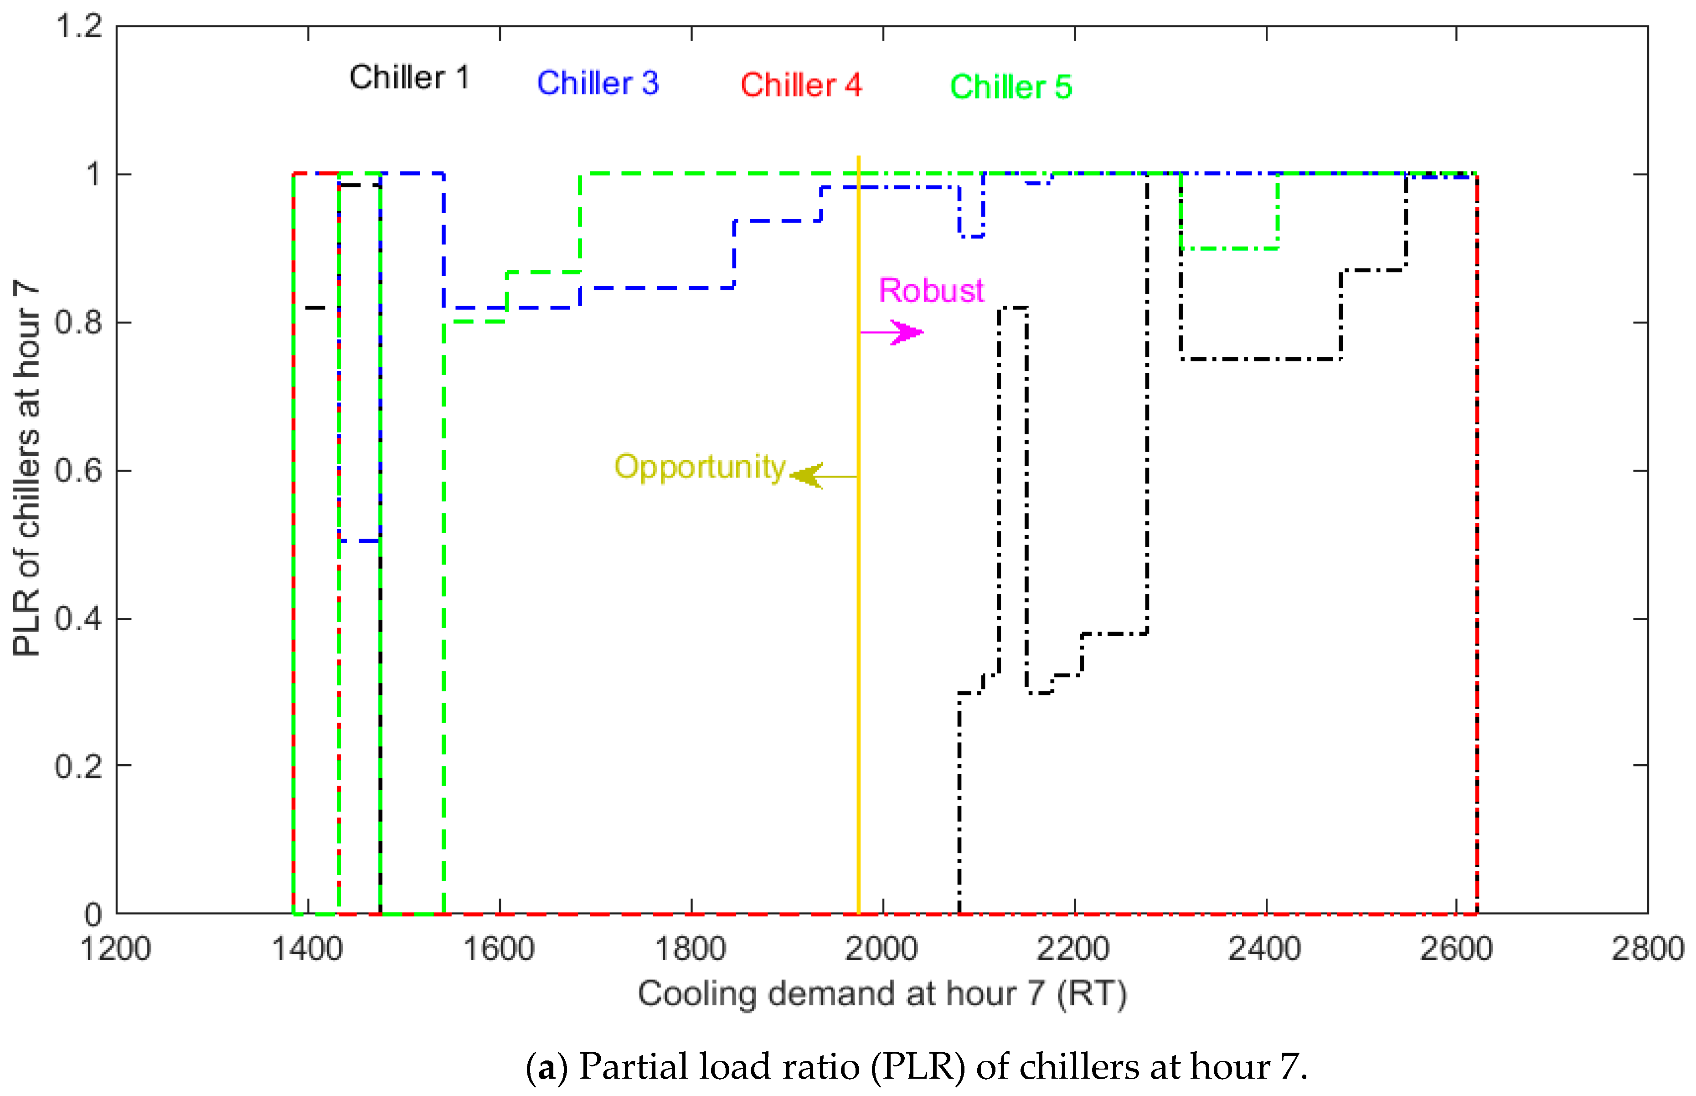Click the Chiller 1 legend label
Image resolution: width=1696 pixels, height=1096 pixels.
(409, 77)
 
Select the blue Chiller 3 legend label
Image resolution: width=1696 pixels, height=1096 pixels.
(598, 83)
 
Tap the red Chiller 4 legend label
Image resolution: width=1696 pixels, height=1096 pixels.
(801, 85)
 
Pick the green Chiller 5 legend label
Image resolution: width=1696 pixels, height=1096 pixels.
(1010, 87)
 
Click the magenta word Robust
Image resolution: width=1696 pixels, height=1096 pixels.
(931, 290)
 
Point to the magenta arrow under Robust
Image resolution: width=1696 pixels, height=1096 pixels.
(893, 332)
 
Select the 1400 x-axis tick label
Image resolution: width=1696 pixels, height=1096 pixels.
(308, 949)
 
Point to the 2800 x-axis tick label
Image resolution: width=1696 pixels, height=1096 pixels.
(1647, 949)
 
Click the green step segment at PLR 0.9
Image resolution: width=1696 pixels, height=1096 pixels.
(1229, 248)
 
